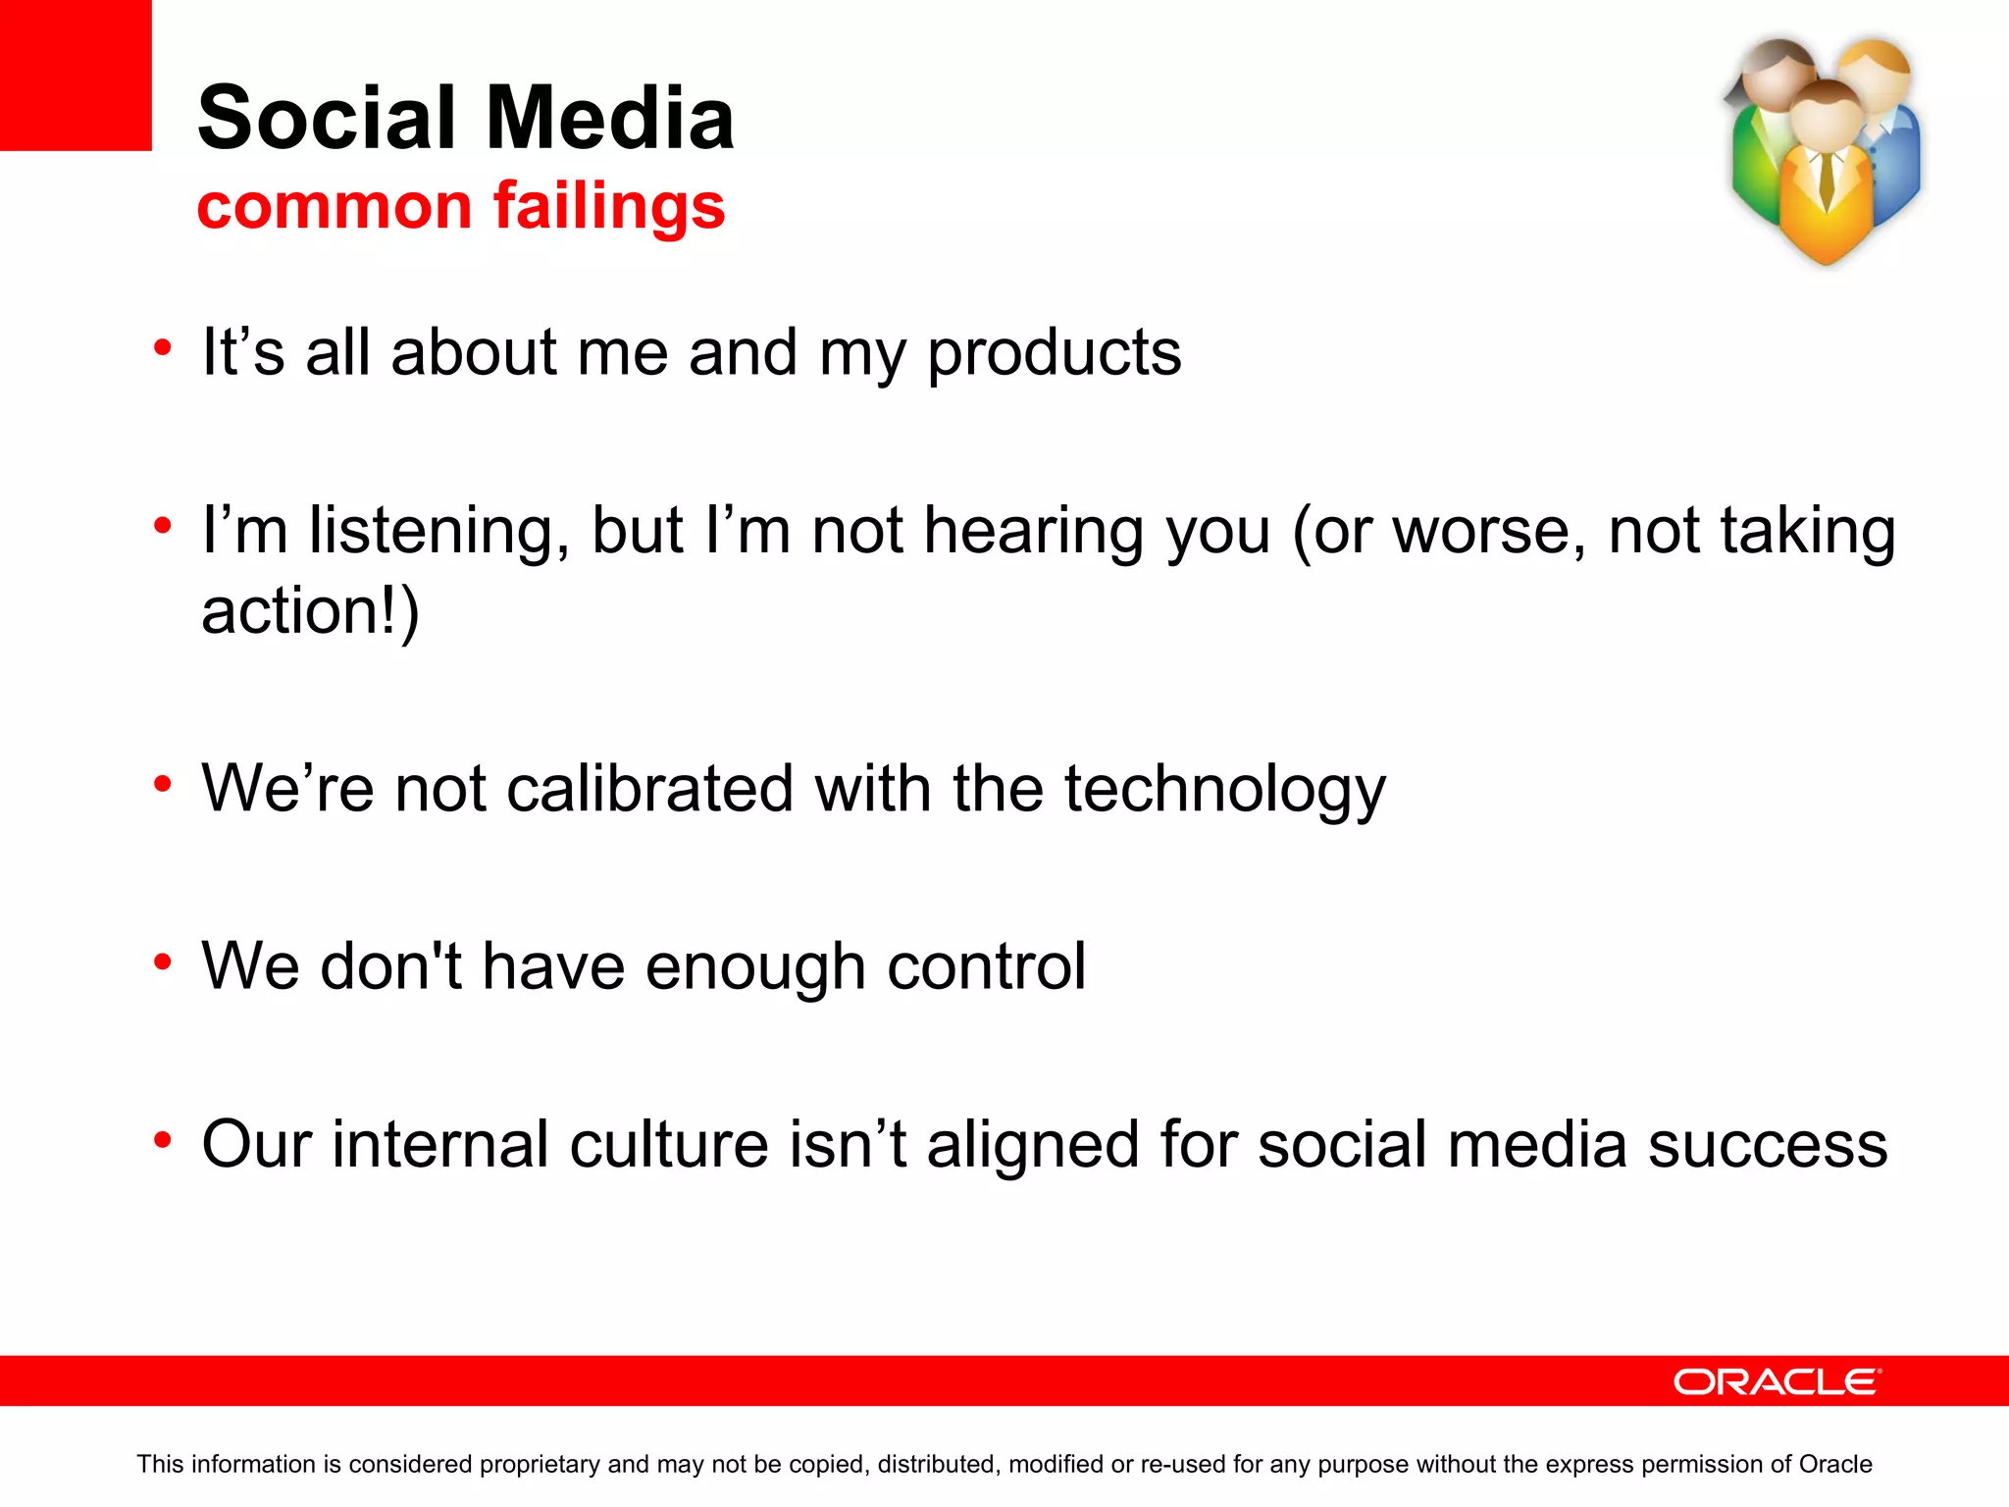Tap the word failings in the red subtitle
tap(608, 207)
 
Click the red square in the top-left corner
tap(76, 75)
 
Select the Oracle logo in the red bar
tap(1777, 1381)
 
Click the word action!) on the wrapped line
tap(310, 611)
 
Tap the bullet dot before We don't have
tap(163, 961)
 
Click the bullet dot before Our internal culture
tap(163, 1140)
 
